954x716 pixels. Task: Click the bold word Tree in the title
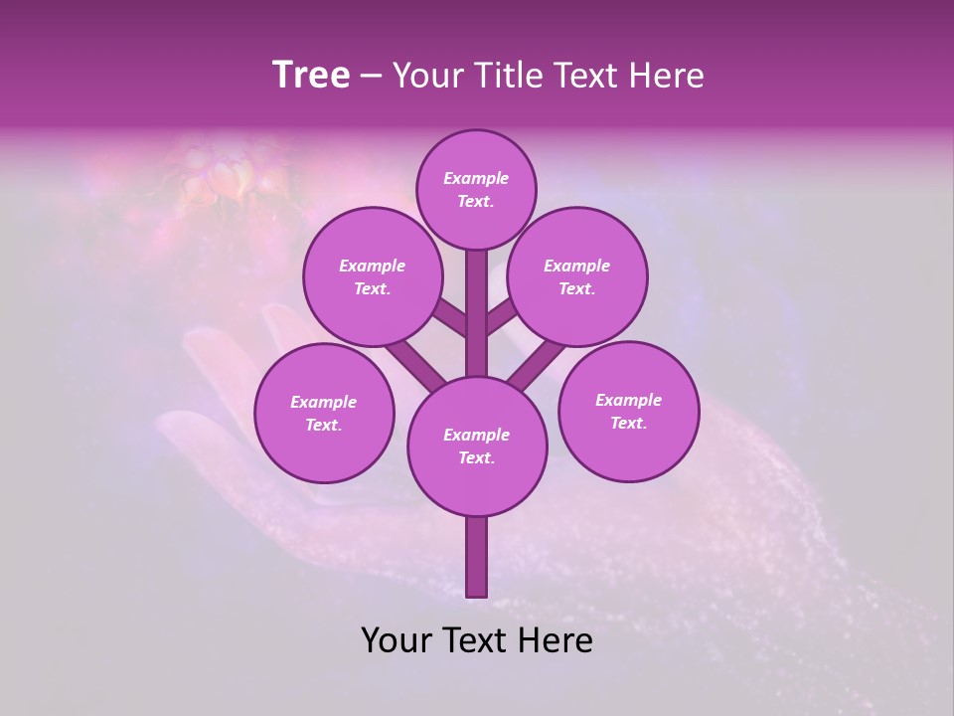(x=311, y=76)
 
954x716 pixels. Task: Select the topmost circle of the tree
(x=476, y=190)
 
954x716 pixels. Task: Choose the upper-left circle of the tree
(x=372, y=277)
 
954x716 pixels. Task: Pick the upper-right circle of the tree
(x=577, y=277)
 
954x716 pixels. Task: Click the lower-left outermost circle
(x=324, y=414)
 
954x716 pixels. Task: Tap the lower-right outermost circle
(x=628, y=412)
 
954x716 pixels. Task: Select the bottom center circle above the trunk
(x=477, y=447)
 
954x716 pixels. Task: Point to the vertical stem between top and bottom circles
(x=477, y=313)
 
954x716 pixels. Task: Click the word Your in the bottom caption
(x=396, y=640)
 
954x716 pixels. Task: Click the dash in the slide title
(x=371, y=76)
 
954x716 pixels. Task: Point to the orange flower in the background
(x=224, y=174)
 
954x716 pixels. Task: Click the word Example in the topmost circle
(x=476, y=179)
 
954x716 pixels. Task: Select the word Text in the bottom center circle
(x=476, y=458)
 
